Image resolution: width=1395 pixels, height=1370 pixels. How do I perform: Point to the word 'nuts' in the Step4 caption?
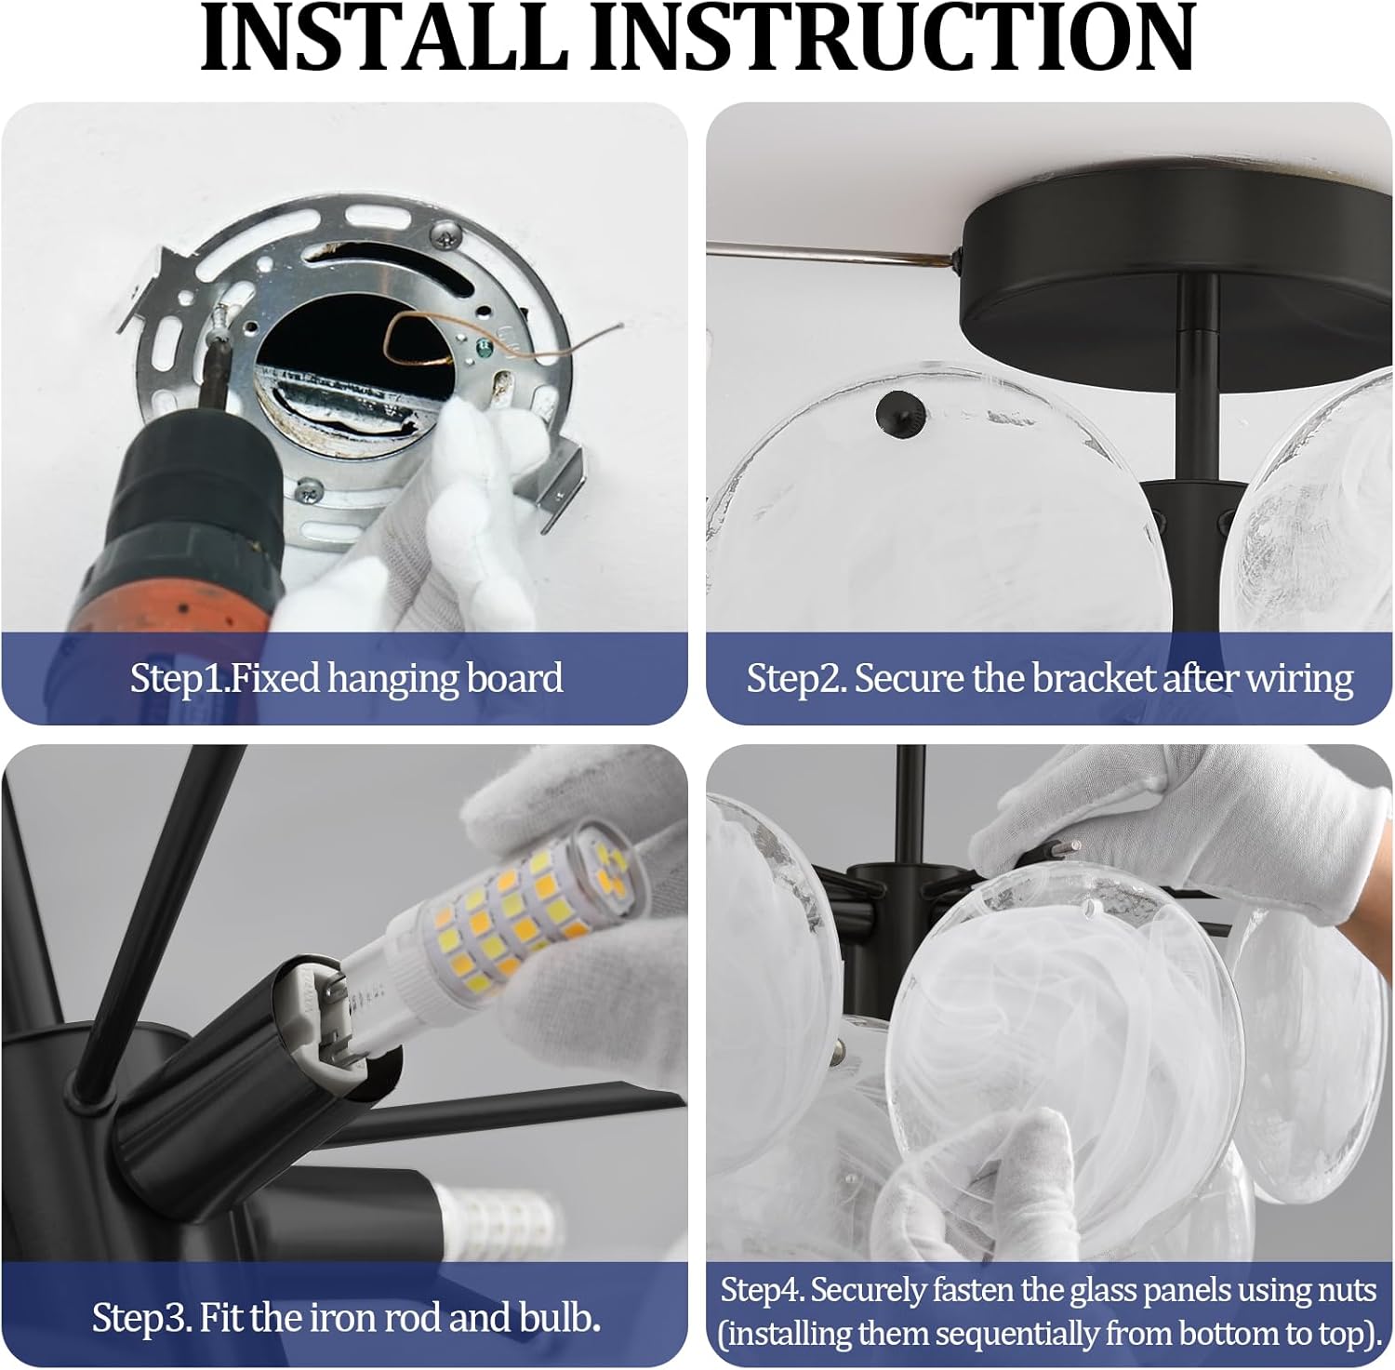coord(1346,1291)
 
